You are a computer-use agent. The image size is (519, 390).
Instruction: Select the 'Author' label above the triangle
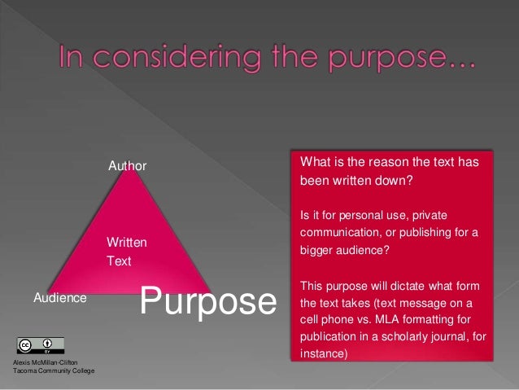click(128, 166)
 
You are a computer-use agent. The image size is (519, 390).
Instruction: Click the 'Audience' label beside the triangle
click(59, 298)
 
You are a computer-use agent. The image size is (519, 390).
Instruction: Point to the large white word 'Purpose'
click(208, 300)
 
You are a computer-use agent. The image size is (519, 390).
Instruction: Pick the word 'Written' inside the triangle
click(127, 243)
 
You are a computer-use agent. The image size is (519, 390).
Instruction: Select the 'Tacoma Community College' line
click(54, 371)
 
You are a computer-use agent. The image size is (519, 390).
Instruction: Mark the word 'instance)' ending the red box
click(323, 354)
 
